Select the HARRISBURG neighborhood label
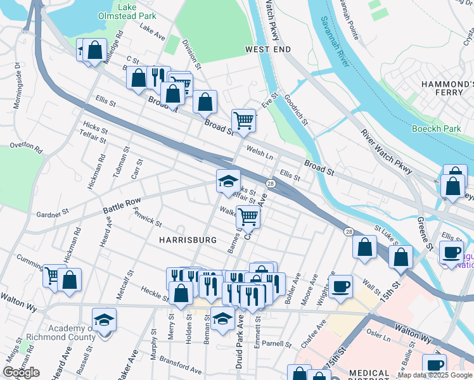[188, 240]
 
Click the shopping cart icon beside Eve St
[244, 119]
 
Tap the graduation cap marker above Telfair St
[228, 182]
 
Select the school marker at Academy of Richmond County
[105, 320]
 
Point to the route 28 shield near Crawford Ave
[270, 184]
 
